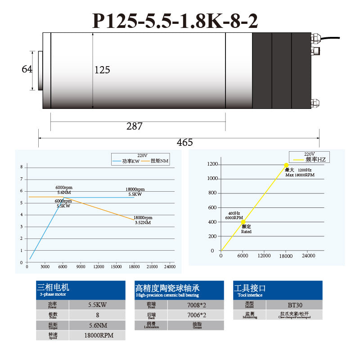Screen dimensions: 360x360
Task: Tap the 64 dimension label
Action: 27,69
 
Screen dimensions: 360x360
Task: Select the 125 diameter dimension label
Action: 102,70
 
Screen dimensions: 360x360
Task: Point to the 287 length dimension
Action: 134,126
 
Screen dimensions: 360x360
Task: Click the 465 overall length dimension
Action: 184,142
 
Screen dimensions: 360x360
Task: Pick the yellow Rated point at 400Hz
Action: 243,222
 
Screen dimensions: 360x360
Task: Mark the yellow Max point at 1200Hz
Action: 286,165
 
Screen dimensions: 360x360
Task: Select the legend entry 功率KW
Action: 130,161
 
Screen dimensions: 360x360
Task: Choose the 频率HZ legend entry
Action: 315,159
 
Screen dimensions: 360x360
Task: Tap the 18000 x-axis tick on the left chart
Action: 134,267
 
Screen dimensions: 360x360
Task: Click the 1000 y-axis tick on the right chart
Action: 212,179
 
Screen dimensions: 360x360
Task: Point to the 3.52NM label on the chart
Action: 143,222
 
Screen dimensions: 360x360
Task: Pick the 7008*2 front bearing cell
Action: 196,305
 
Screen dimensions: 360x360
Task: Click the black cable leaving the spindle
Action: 337,40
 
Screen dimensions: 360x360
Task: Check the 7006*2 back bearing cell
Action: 196,315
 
